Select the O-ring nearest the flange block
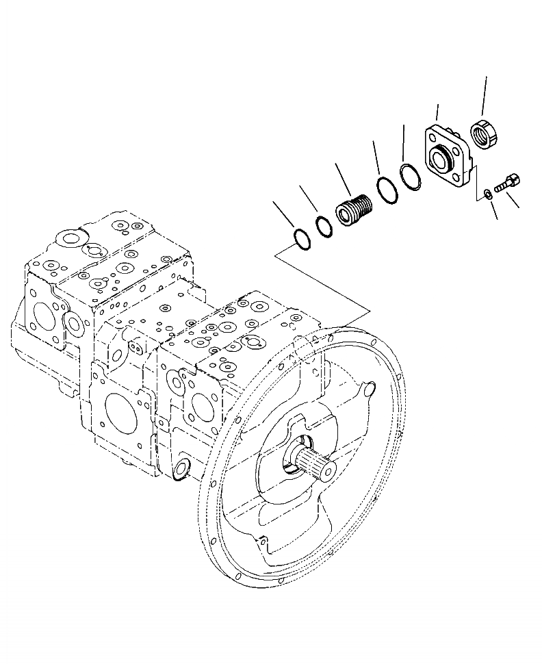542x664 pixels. (411, 177)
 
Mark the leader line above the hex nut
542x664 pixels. (484, 96)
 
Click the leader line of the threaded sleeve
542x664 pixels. (344, 179)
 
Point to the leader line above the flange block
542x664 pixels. (437, 113)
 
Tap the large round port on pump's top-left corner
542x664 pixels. (70, 239)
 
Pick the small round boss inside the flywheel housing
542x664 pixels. (369, 390)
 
